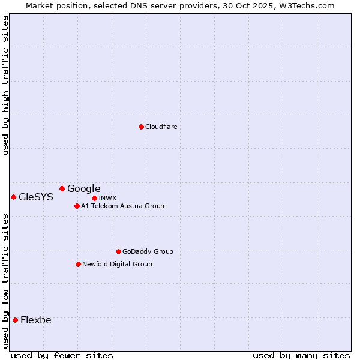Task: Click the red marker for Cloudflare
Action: click(x=141, y=127)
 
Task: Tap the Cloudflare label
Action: click(x=161, y=127)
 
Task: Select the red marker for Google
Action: click(x=62, y=188)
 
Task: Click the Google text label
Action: click(x=83, y=189)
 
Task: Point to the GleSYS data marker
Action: click(x=13, y=197)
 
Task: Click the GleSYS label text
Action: click(x=36, y=197)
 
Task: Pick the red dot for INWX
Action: click(x=94, y=198)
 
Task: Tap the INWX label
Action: click(x=107, y=198)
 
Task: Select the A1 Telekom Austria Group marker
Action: click(x=77, y=206)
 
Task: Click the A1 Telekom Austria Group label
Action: click(x=122, y=206)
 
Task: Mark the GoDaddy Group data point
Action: click(x=118, y=251)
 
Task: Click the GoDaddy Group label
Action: click(x=148, y=251)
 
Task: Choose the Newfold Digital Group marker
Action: click(x=78, y=264)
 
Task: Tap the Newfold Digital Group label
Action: click(x=117, y=264)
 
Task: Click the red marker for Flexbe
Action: click(x=15, y=320)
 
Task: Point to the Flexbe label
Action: click(x=36, y=320)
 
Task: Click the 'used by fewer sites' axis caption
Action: click(x=62, y=355)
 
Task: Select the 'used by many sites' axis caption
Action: click(x=301, y=355)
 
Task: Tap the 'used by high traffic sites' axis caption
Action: click(x=6, y=85)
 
